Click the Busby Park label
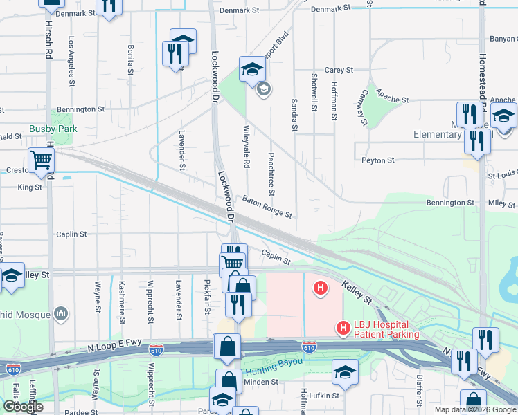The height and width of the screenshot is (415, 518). click(53, 129)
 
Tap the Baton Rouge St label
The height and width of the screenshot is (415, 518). click(267, 206)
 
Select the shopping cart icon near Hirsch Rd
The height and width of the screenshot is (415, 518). click(42, 160)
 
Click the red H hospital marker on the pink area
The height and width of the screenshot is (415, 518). click(320, 287)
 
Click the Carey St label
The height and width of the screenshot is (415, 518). click(339, 71)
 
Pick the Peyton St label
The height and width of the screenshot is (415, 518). click(377, 160)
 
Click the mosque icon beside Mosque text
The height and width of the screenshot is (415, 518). click(62, 314)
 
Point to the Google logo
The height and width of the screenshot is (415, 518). click(22, 407)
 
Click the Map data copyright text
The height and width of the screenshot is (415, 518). click(474, 409)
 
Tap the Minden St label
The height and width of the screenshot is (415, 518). click(262, 381)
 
